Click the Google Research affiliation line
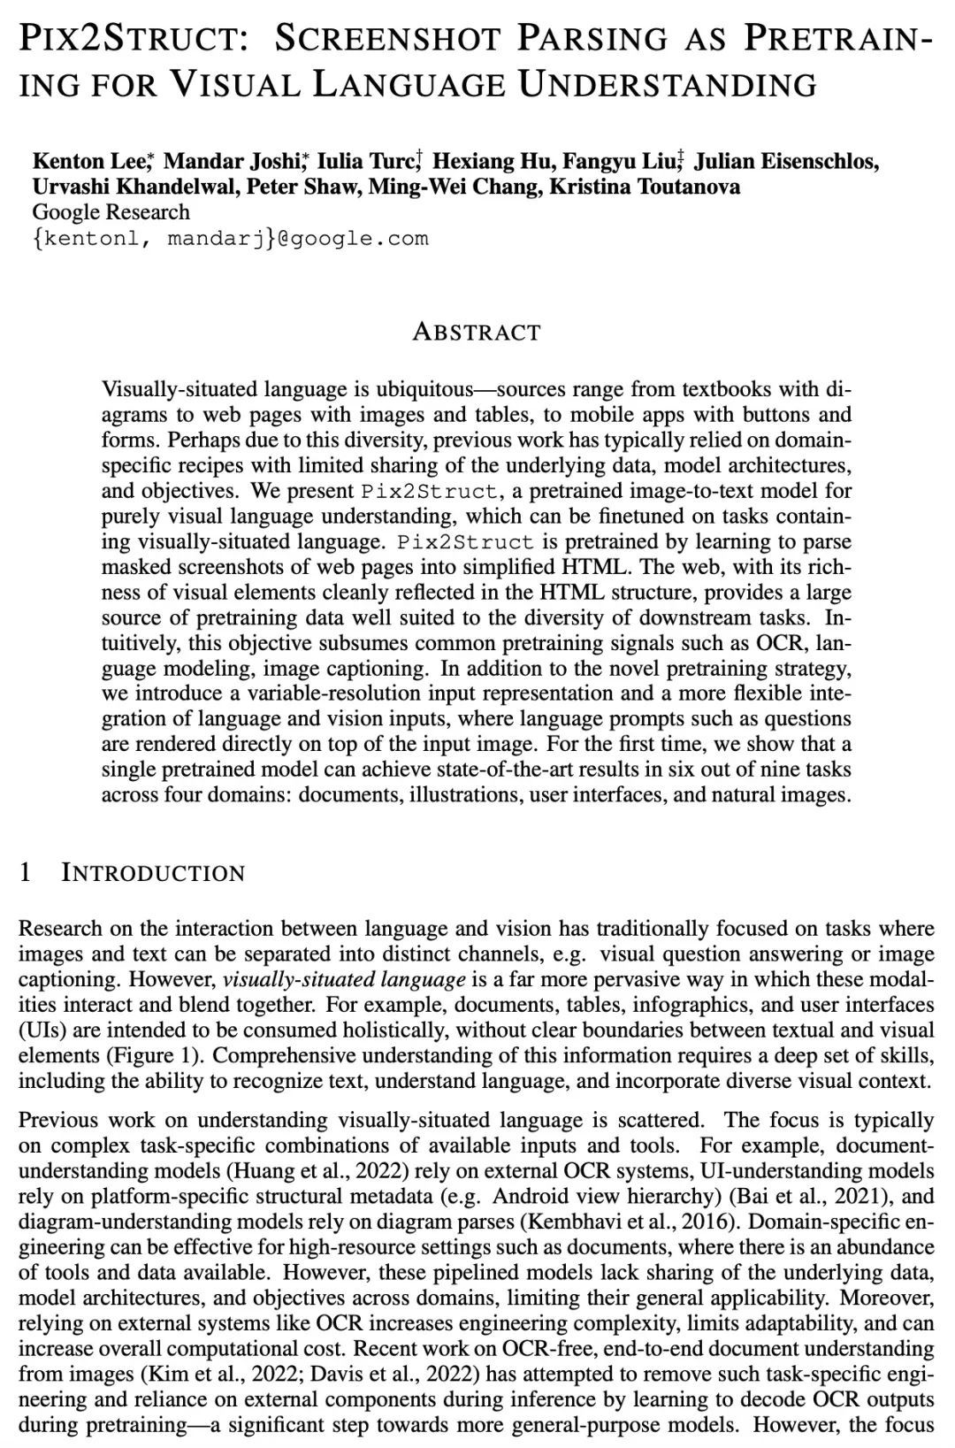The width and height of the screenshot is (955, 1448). pos(111,212)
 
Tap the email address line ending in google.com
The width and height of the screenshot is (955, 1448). pos(230,238)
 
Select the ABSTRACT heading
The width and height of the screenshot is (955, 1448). pos(477,333)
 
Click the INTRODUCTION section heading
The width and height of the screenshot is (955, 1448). pos(153,873)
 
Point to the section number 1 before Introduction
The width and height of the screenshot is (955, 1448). pos(25,873)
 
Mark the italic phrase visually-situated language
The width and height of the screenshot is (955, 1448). pos(344,979)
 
